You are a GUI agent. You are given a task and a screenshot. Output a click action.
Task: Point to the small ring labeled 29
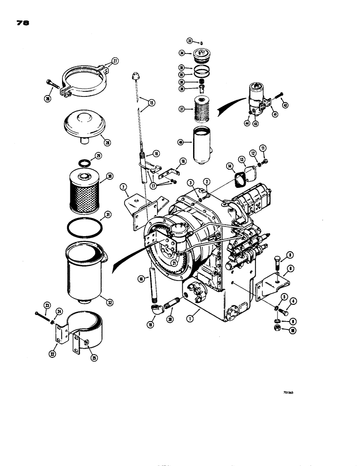coord(84,163)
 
